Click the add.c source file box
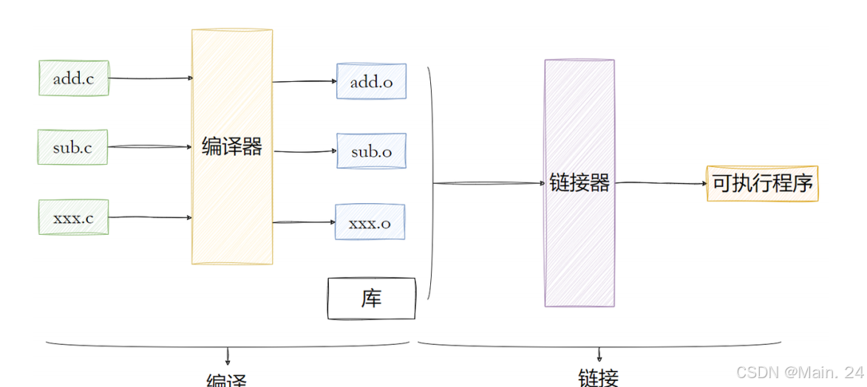coord(73,78)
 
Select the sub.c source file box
coord(72,147)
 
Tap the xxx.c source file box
coord(73,217)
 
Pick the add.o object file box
coord(371,81)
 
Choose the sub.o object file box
coord(371,151)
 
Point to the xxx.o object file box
coord(370,222)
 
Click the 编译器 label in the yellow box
coord(232,147)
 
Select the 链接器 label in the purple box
coord(579,183)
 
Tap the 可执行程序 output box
coord(762,183)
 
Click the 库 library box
coord(371,298)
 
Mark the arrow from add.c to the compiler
coord(150,78)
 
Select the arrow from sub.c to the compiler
coord(150,147)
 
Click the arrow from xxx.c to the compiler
coord(150,217)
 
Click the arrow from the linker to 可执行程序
coord(660,183)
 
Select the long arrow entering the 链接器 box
coord(488,183)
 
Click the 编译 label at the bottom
coord(226,380)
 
